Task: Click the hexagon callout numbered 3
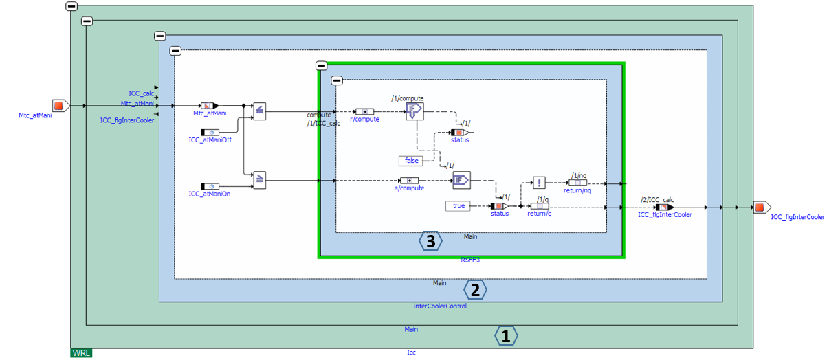coord(430,241)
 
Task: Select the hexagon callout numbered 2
coord(475,290)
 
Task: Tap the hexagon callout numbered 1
coord(506,336)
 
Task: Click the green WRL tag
coord(81,352)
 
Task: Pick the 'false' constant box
coord(411,161)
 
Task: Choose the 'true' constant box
coord(458,205)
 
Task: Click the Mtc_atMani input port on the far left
coord(59,106)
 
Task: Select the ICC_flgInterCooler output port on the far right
coord(759,207)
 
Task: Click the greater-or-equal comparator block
coord(260,179)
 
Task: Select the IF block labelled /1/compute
coord(414,111)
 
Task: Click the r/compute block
coord(364,111)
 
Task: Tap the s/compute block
coord(409,181)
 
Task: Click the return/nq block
coord(577,182)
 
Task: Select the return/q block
coord(540,205)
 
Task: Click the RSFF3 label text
coord(470,260)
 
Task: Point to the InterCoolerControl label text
coord(439,306)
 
